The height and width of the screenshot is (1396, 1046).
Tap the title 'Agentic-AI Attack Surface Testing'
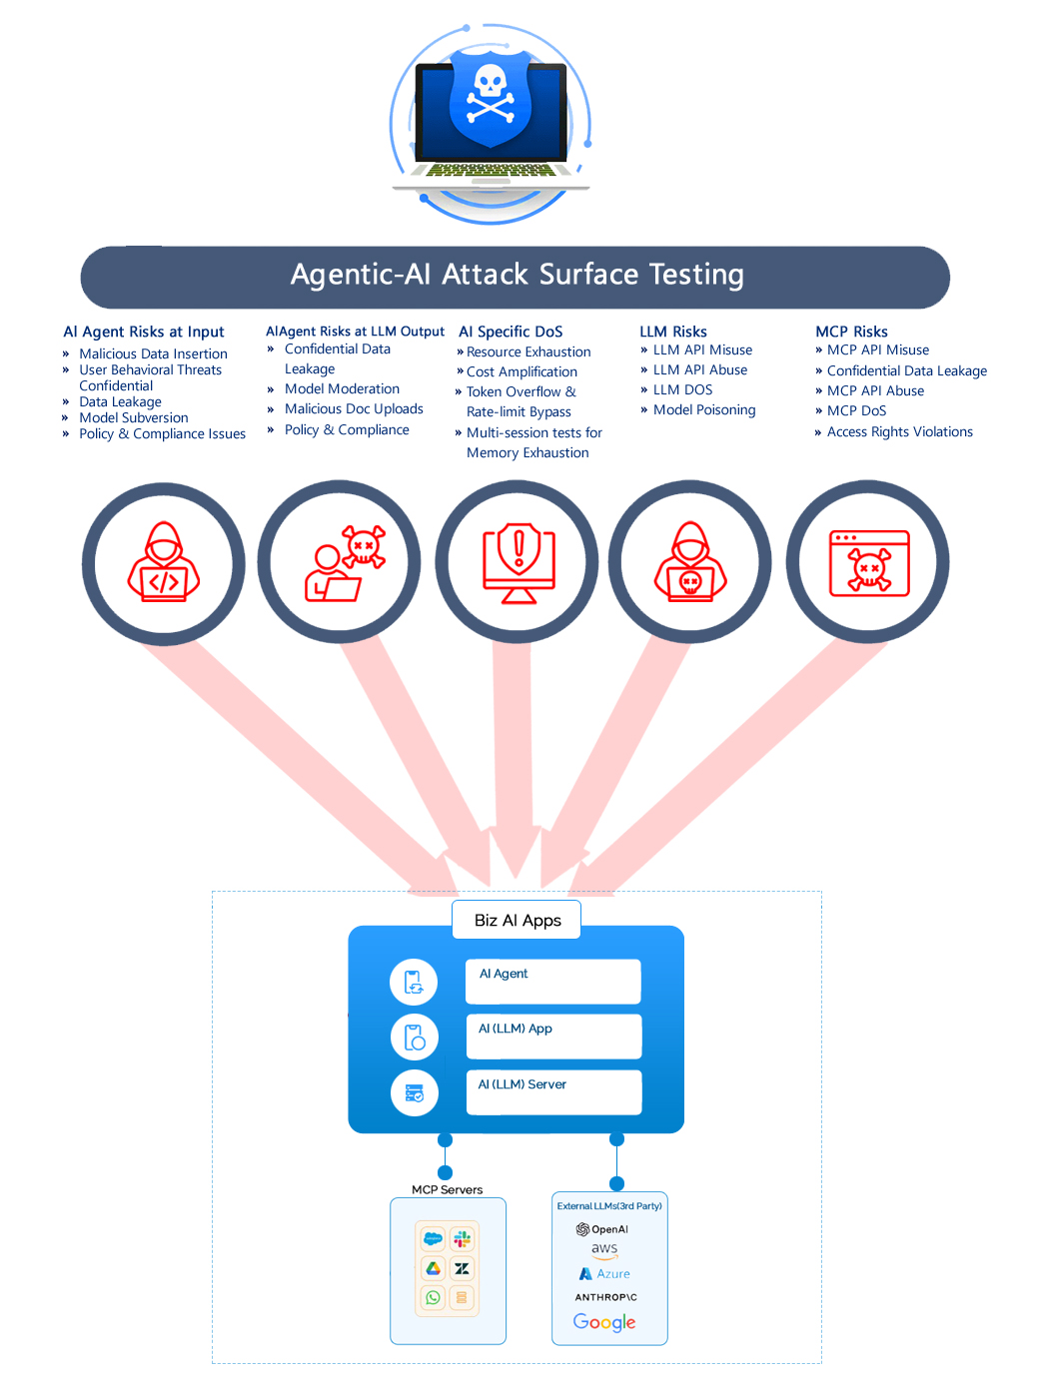point(517,275)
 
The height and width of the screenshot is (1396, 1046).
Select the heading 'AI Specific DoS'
point(511,332)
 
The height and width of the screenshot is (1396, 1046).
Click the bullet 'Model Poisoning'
point(703,410)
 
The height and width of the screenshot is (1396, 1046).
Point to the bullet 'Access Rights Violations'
point(899,432)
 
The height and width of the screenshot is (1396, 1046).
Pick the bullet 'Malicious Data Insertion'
point(153,353)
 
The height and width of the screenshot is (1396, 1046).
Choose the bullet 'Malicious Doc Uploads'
point(354,409)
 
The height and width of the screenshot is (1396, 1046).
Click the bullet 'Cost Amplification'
point(522,371)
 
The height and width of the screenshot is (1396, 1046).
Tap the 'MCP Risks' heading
point(851,332)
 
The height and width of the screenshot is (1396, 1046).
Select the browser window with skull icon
point(869,563)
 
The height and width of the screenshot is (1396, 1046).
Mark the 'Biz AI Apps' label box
point(517,921)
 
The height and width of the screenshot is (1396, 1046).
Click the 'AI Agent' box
point(552,982)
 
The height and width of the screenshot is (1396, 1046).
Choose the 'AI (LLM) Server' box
point(553,1091)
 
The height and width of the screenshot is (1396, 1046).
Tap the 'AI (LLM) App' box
point(553,1037)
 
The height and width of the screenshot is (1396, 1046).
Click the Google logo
point(604,1322)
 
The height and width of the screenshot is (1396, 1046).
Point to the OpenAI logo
point(602,1229)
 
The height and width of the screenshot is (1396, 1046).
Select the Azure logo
point(604,1274)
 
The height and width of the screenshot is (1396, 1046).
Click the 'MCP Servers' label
point(447,1190)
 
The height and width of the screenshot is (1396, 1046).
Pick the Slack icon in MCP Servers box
point(462,1239)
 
